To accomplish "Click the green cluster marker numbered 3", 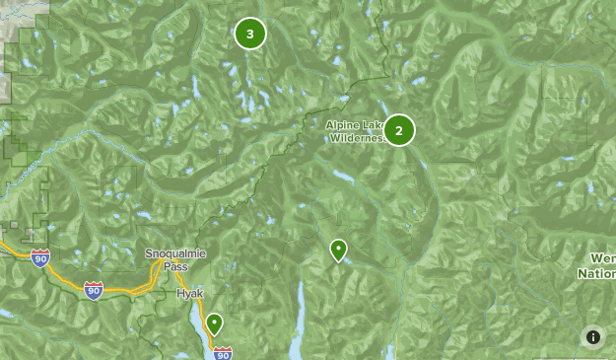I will [250, 35].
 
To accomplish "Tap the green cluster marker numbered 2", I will [399, 129].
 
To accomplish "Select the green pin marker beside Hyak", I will [214, 324].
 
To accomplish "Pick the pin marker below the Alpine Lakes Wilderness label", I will [338, 251].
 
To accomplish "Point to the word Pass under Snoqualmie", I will [173, 266].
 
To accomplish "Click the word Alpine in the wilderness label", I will [344, 125].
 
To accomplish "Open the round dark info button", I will [593, 337].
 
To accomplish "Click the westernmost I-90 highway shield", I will [39, 258].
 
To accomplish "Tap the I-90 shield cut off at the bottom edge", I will [223, 352].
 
